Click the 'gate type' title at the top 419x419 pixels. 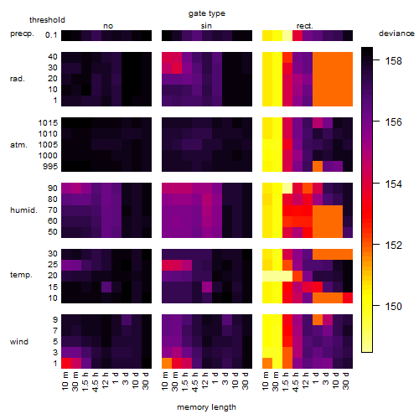click(207, 13)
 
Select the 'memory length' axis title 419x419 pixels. click(206, 407)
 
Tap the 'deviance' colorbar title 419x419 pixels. click(396, 34)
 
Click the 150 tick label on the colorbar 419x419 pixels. click(393, 307)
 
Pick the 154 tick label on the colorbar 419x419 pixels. click(393, 184)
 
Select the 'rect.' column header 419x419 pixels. click(304, 26)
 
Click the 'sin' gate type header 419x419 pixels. click(206, 26)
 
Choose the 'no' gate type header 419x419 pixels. click(108, 26)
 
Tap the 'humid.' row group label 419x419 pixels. click(23, 210)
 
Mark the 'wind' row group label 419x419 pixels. click(19, 342)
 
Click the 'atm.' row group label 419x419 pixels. click(18, 145)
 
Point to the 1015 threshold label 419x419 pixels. click(48, 123)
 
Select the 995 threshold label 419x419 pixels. click(50, 167)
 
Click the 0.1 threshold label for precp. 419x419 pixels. click(51, 35)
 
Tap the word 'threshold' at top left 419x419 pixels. click(47, 20)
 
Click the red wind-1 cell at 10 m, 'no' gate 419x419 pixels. click(66, 363)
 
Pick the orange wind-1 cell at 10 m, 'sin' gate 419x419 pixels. click(167, 363)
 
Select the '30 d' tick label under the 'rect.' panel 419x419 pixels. click(346, 380)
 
